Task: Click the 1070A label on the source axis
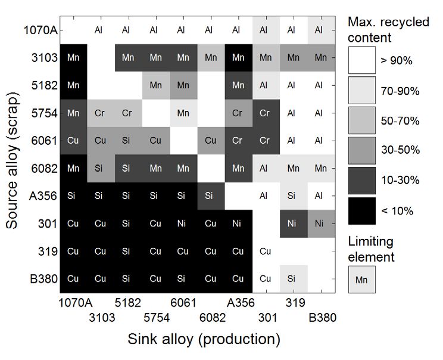[x=40, y=30]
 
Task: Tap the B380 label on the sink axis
[x=322, y=318]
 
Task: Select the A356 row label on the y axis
[x=43, y=196]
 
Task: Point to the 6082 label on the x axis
[x=213, y=318]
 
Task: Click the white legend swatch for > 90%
[x=362, y=60]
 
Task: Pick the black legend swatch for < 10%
[x=362, y=211]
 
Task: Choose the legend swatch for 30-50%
[x=362, y=151]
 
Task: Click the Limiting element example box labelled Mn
[x=362, y=280]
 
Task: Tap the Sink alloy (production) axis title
[x=204, y=339]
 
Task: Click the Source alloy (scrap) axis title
[x=12, y=160]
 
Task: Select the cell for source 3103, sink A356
[x=239, y=58]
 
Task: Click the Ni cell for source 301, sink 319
[x=294, y=224]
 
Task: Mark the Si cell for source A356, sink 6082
[x=211, y=196]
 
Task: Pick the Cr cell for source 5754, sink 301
[x=266, y=113]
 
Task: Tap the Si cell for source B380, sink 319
[x=294, y=279]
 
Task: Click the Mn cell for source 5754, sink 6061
[x=183, y=113]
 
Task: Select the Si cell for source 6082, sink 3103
[x=101, y=168]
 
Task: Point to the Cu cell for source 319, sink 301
[x=266, y=252]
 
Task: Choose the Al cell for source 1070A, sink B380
[x=321, y=30]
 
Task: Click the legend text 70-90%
[x=400, y=91]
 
